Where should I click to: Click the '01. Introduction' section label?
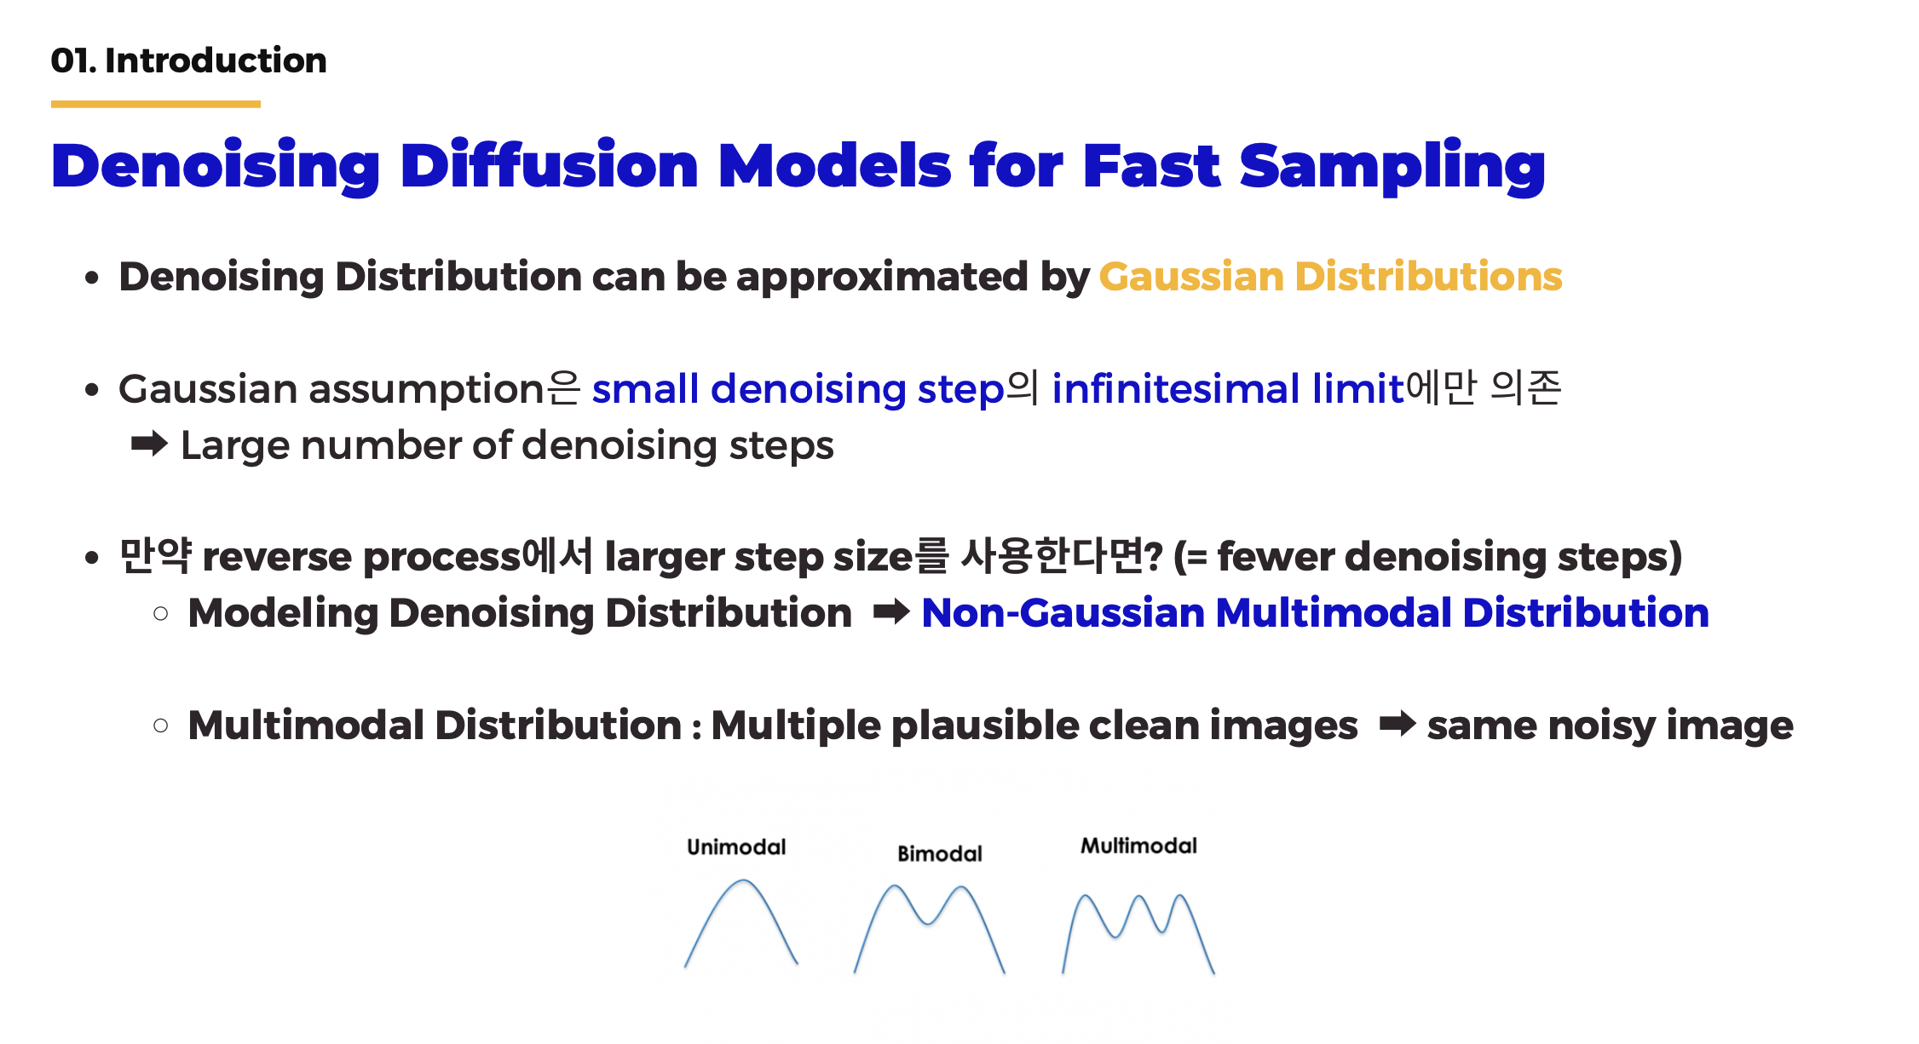click(x=188, y=60)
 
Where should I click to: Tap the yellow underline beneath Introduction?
click(x=156, y=104)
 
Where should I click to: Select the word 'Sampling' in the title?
click(x=1392, y=168)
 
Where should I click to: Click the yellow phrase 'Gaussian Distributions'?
click(x=1330, y=277)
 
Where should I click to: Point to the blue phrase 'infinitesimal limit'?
click(x=1227, y=389)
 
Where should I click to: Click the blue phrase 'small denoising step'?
click(x=798, y=390)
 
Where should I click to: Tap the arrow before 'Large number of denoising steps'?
click(x=149, y=444)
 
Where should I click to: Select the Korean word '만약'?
click(x=155, y=556)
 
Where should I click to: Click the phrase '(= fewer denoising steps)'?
click(x=1428, y=557)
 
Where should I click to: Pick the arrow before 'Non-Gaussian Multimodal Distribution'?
click(x=891, y=611)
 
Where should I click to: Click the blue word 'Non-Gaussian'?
click(x=1063, y=613)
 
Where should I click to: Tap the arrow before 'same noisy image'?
click(x=1397, y=724)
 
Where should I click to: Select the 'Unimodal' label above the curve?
click(x=736, y=847)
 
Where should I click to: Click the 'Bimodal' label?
click(x=940, y=853)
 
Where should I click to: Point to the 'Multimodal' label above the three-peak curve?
click(x=1138, y=846)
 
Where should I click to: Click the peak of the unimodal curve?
click(x=743, y=881)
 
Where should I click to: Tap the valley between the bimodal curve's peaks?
click(x=928, y=924)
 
